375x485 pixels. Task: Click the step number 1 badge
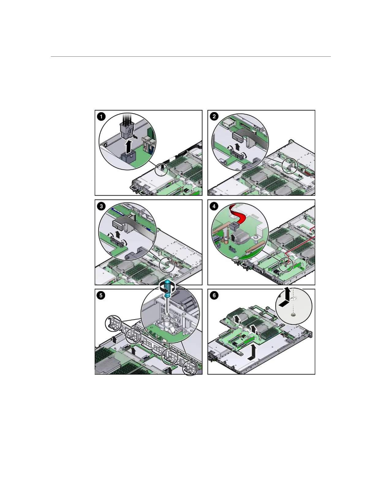[101, 117]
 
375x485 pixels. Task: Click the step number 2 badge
[214, 117]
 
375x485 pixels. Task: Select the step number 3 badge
[101, 206]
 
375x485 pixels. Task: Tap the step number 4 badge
[214, 206]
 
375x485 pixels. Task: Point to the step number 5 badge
[101, 296]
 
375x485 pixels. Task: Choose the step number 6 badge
[214, 296]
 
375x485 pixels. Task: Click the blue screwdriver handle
[167, 288]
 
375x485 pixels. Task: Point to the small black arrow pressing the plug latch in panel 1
[135, 135]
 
